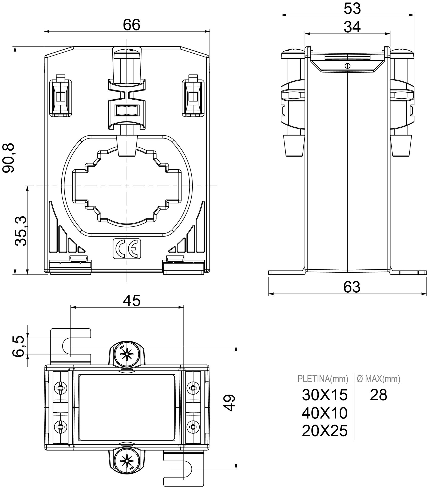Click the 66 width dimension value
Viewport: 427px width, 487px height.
pyautogui.click(x=131, y=25)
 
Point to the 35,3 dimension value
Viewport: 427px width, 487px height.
pyautogui.click(x=21, y=231)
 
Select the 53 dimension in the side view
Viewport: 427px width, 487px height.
pyautogui.click(x=352, y=9)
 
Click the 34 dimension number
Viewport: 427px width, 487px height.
pyautogui.click(x=352, y=27)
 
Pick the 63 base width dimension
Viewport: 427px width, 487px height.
pyautogui.click(x=352, y=287)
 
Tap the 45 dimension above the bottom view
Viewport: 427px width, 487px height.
pyautogui.click(x=132, y=301)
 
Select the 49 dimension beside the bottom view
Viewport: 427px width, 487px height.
pyautogui.click(x=229, y=402)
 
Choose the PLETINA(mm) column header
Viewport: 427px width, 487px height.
pyautogui.click(x=323, y=379)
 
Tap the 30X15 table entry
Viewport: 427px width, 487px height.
pyautogui.click(x=325, y=395)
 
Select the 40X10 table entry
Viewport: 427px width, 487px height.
pyautogui.click(x=325, y=413)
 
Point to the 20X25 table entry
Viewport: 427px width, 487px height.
pyautogui.click(x=325, y=431)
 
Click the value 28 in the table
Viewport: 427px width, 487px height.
pyautogui.click(x=378, y=395)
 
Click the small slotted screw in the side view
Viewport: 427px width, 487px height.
pyautogui.click(x=347, y=66)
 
